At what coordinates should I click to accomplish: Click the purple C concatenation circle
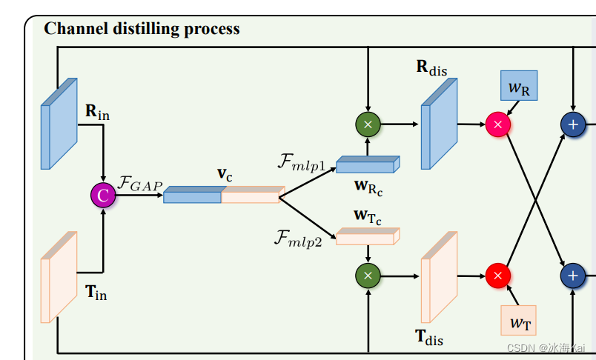coord(103,195)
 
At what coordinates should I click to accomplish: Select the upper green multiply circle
coord(368,124)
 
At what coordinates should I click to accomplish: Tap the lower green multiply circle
coord(368,276)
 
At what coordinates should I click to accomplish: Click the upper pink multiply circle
coord(498,124)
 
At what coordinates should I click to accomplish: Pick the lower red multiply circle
coord(498,276)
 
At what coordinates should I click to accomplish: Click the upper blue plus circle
coord(572,124)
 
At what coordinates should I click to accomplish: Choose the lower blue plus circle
coord(572,276)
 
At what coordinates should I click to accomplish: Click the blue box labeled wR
coord(519,86)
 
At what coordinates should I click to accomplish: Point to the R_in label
coord(97,113)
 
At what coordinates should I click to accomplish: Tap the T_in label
coord(96,293)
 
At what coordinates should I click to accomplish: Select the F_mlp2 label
coord(299,239)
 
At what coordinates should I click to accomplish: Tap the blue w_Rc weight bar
coord(368,165)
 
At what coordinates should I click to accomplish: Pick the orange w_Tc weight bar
coord(368,237)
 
